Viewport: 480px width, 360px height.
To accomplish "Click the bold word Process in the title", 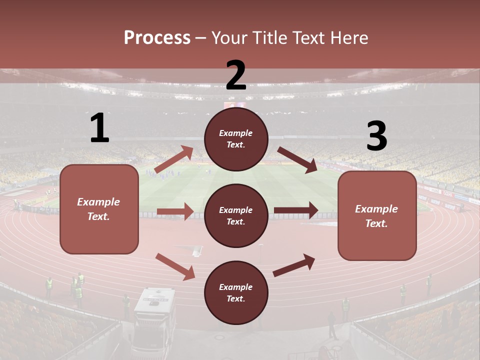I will [x=157, y=37].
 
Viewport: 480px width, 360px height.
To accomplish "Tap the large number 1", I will [x=99, y=128].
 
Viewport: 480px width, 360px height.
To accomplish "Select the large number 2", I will [x=236, y=75].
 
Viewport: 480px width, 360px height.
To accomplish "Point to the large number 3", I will [x=376, y=137].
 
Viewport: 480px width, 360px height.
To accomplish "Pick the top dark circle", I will [x=236, y=139].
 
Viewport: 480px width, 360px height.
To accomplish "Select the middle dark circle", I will [x=236, y=215].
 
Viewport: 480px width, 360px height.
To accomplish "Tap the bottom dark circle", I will [x=236, y=292].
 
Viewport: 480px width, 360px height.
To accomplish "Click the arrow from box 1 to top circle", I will [x=174, y=159].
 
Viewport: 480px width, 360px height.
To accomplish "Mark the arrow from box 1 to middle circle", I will [x=175, y=211].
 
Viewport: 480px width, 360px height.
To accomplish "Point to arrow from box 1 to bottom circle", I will [x=175, y=266].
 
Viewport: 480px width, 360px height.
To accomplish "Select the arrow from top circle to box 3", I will [x=297, y=159].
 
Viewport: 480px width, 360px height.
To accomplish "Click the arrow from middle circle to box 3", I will [x=296, y=210].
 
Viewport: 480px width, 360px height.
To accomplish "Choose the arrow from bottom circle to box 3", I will [x=294, y=265].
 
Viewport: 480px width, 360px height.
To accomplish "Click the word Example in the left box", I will [x=98, y=202].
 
